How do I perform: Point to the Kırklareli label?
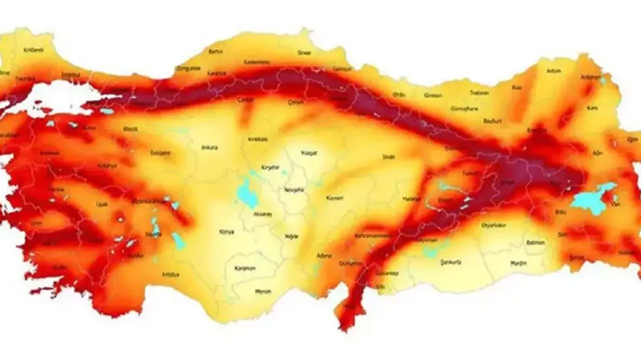coord(33,50)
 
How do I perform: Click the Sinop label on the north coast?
coord(303,53)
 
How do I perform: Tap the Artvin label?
coord(554,70)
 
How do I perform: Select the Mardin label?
coord(496,264)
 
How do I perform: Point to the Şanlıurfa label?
coord(451,261)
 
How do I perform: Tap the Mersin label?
coord(262,291)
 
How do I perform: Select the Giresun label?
coord(432,96)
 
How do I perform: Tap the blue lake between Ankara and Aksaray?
coord(246,192)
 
